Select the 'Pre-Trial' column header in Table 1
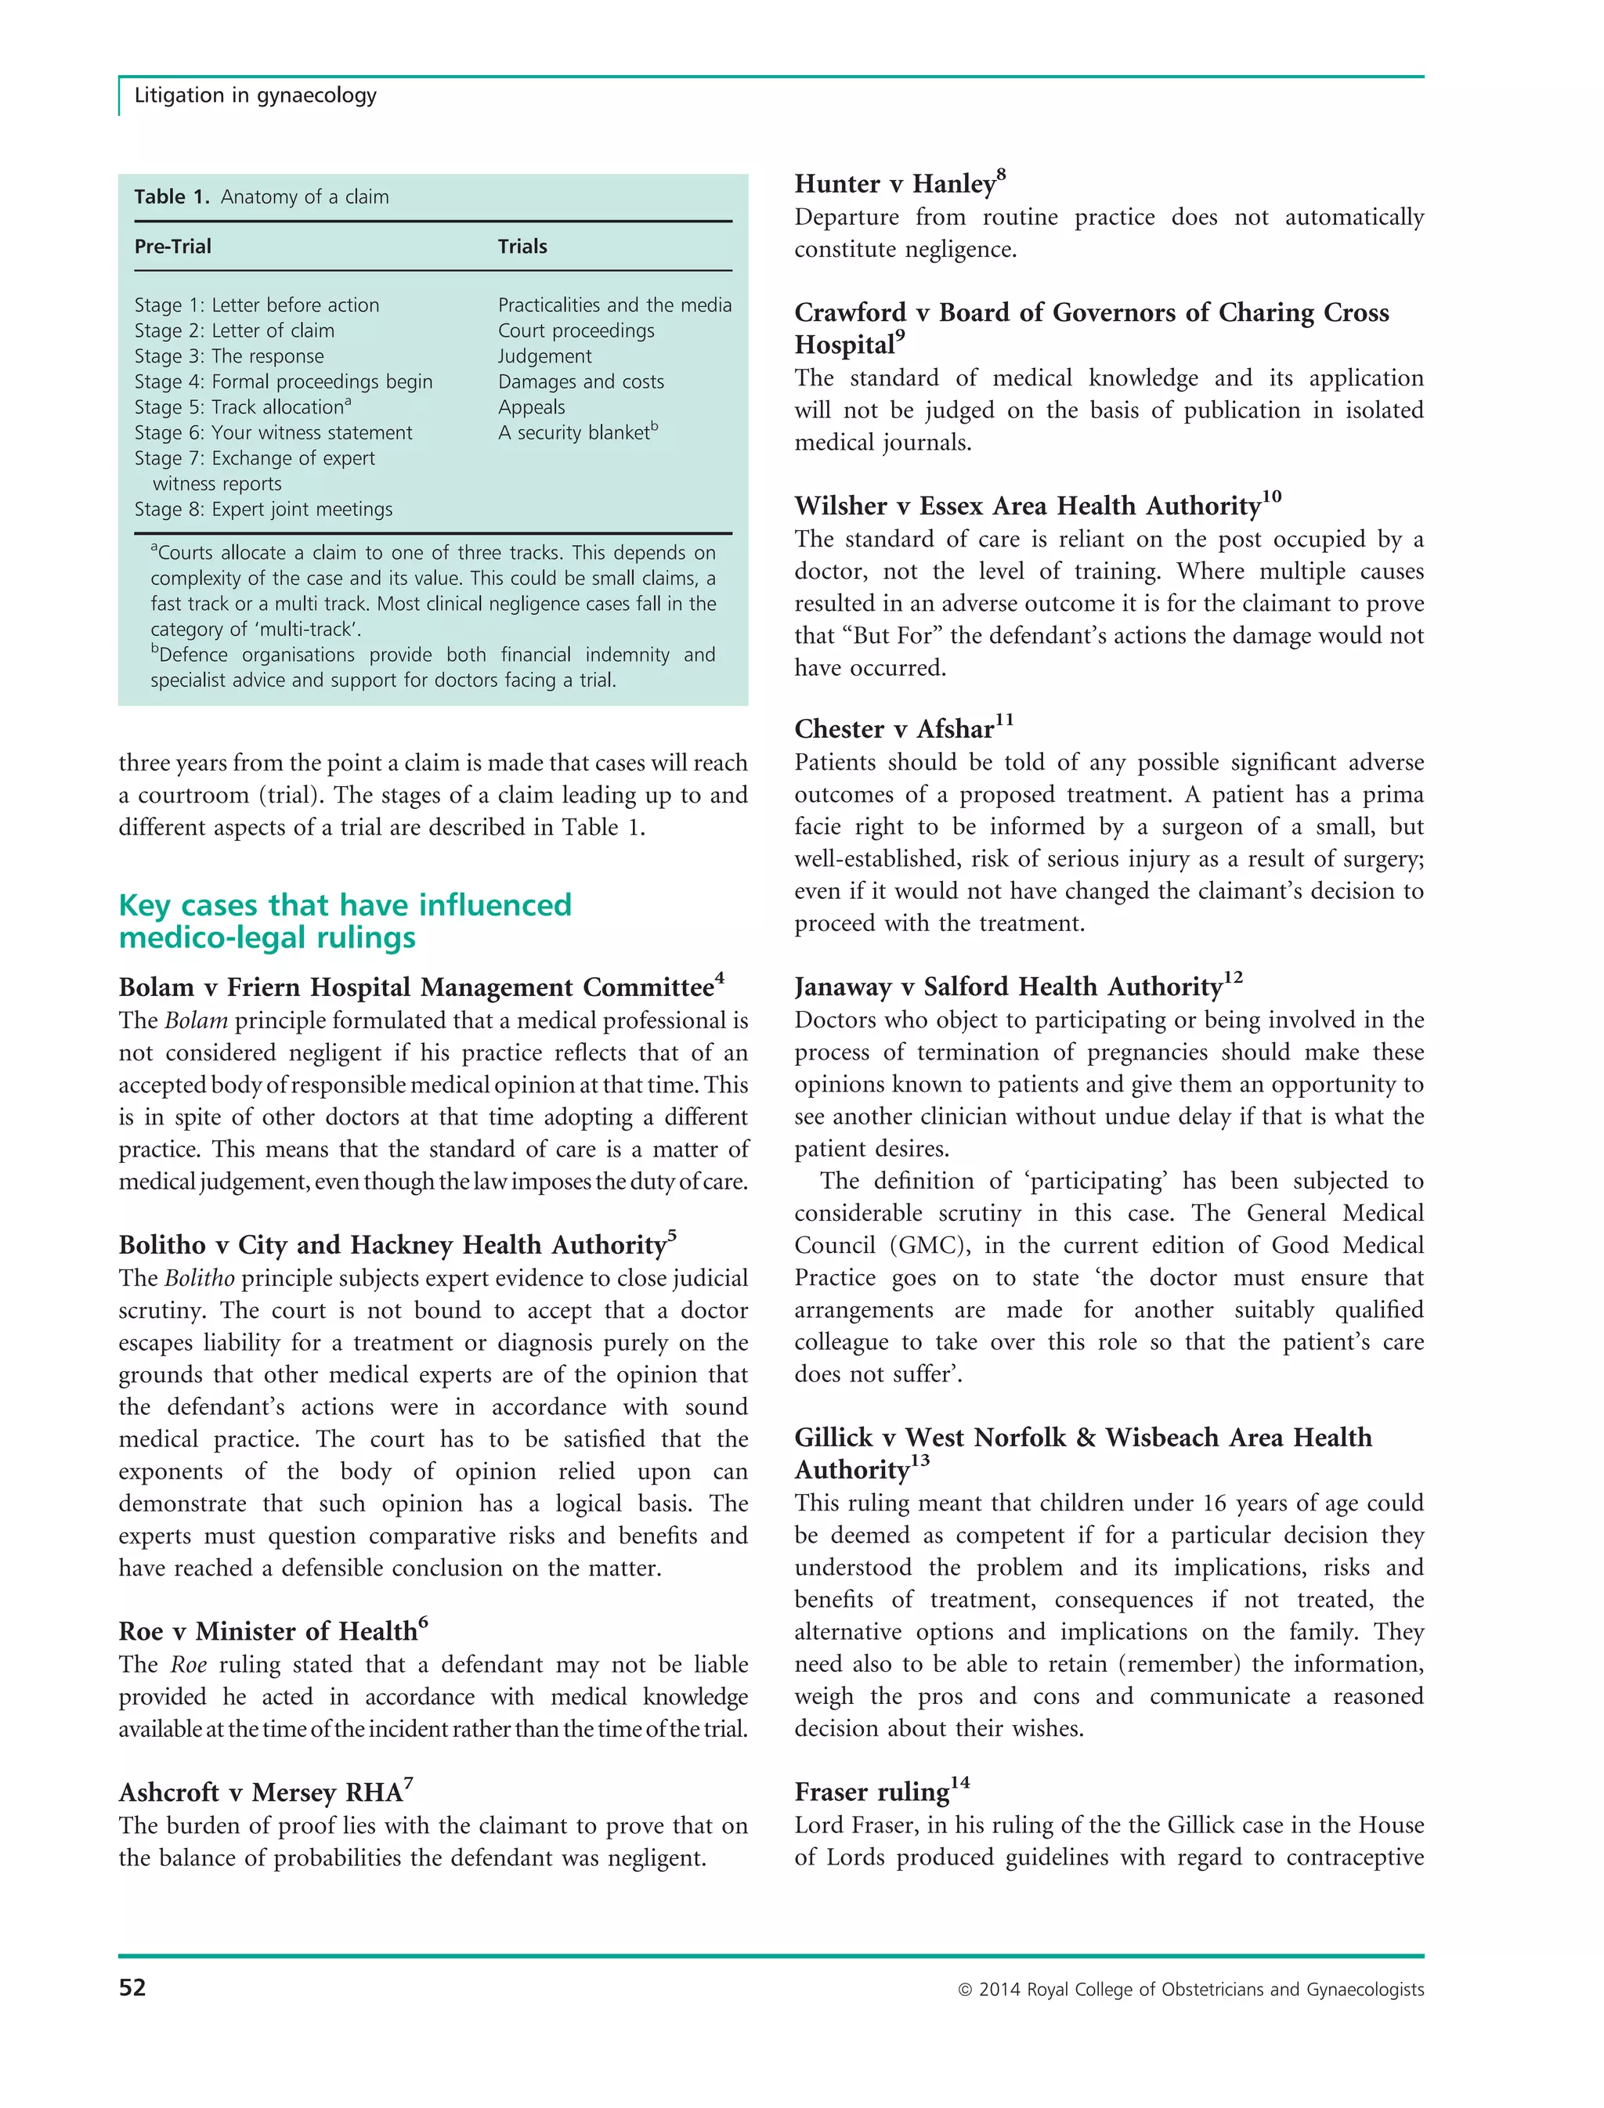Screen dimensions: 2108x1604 click(x=173, y=247)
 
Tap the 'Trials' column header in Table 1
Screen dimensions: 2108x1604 click(x=522, y=247)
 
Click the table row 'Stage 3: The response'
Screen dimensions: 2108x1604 click(x=229, y=356)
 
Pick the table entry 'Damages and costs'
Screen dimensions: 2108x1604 click(x=580, y=382)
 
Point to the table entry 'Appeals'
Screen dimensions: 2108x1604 click(x=532, y=408)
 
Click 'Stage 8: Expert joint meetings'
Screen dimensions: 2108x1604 click(x=263, y=510)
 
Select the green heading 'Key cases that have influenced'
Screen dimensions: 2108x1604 click(x=345, y=905)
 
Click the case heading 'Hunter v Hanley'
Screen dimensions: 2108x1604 click(x=894, y=184)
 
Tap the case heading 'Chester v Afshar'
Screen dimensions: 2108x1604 click(x=894, y=729)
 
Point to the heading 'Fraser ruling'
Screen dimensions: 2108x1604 click(x=872, y=1792)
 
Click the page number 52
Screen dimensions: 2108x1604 click(x=132, y=1987)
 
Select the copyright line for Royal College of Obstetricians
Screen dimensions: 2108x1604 click(x=1190, y=1990)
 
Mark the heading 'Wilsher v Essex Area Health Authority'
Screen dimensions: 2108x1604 click(x=1028, y=506)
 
